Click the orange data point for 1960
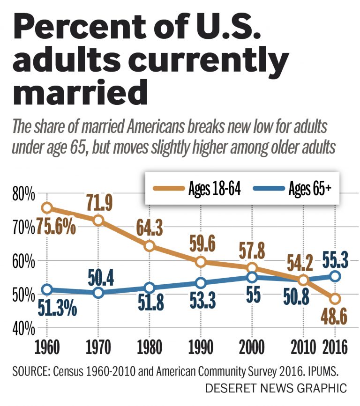coord(46,207)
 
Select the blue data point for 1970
coord(98,293)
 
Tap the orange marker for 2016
coord(335,299)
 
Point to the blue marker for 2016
coord(335,276)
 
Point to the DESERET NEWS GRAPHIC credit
coord(276,388)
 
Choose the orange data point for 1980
coord(150,246)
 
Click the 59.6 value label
coord(201,244)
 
